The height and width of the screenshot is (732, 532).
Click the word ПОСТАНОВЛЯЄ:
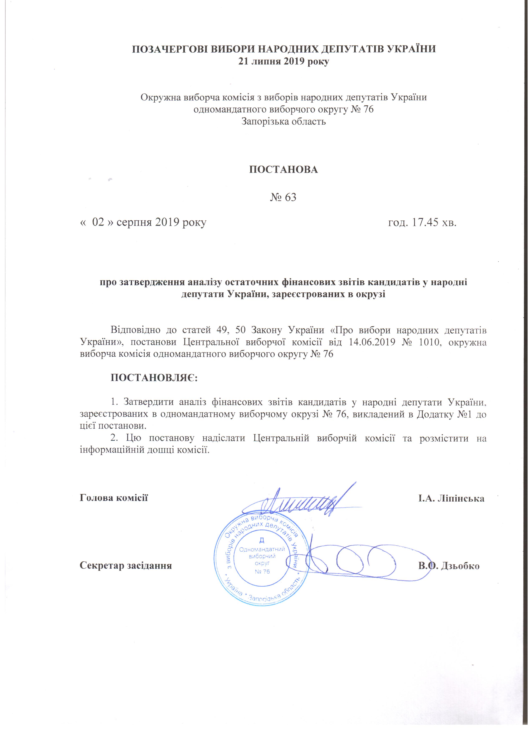tap(154, 378)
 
